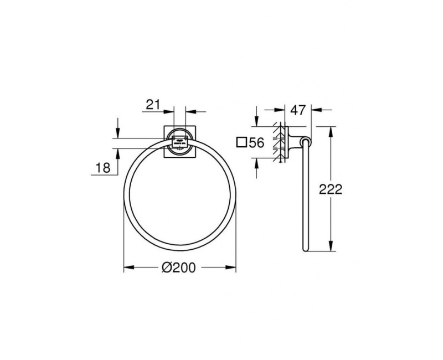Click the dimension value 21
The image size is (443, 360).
coord(153,104)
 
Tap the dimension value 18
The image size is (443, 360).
coord(103,167)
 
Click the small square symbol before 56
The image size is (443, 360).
coord(241,143)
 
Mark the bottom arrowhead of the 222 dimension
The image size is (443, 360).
coord(331,249)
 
